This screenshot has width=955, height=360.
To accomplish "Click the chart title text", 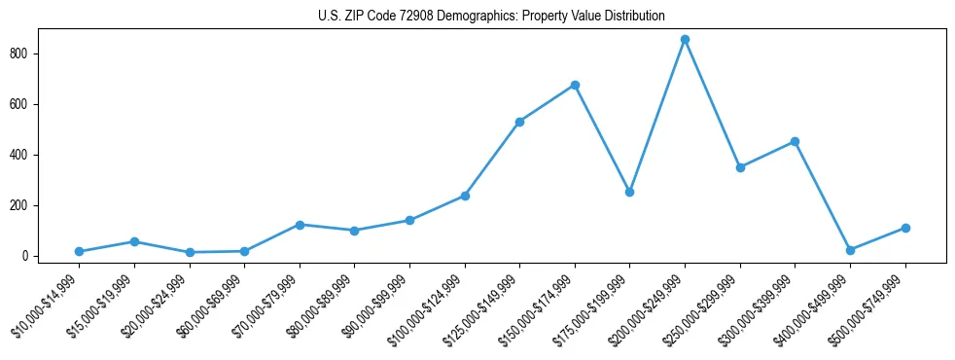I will [491, 16].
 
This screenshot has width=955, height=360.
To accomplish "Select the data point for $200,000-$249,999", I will [685, 40].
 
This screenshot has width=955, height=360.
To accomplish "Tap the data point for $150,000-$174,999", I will [575, 85].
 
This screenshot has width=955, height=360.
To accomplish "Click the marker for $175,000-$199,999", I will [630, 192].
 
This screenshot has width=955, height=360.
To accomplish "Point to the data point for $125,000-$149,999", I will [520, 122].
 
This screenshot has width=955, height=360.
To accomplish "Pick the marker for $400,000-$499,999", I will [850, 250].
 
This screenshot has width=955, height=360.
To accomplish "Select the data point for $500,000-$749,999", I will [905, 228].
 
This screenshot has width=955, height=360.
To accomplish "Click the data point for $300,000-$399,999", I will [795, 141].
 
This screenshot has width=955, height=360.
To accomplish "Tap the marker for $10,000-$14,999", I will [79, 251].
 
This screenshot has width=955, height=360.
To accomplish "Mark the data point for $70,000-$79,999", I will [300, 225].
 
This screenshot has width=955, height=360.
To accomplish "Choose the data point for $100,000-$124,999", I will [465, 196].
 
